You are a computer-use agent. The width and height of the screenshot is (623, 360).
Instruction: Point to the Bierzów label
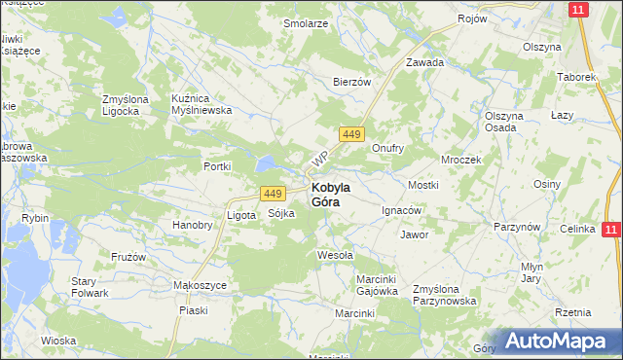point(352,83)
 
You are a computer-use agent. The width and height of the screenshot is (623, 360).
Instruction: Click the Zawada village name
point(424,62)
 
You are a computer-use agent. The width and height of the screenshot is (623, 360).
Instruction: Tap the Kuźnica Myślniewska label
point(201,104)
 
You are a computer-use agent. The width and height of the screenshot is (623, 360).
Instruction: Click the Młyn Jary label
point(558,272)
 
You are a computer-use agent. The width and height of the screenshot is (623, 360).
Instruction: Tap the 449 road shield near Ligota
point(272,194)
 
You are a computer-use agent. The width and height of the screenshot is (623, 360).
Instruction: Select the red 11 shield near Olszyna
point(578,10)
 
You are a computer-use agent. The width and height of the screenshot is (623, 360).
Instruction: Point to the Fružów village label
point(128,257)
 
